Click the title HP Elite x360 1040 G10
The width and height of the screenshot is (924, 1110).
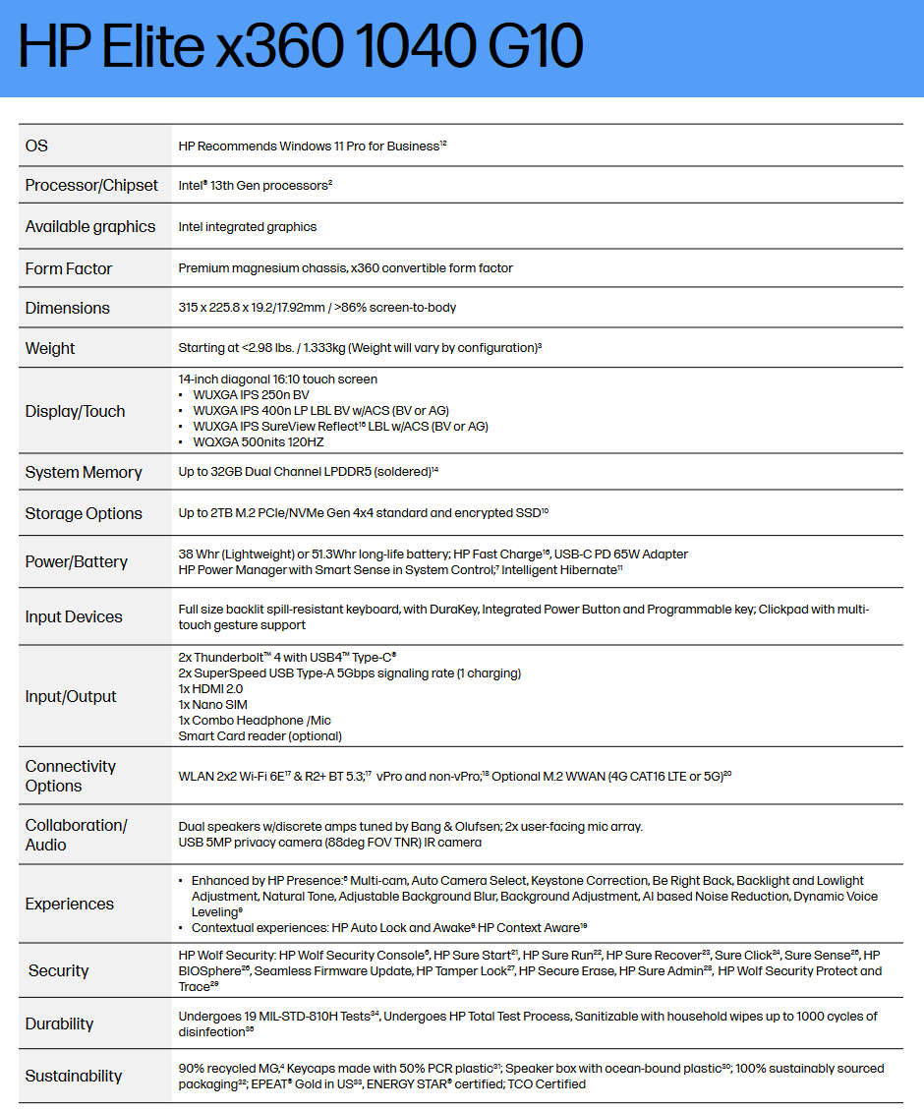(301, 46)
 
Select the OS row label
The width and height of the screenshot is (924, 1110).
(36, 146)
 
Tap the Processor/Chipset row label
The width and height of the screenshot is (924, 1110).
(91, 185)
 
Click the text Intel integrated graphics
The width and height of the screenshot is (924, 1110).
(248, 227)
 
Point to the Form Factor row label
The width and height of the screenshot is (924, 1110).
(69, 268)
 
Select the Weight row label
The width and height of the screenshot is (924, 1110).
(50, 348)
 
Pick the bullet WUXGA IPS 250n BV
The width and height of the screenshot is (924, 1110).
(251, 395)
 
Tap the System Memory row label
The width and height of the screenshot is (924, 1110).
(84, 473)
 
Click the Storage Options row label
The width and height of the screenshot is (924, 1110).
(84, 513)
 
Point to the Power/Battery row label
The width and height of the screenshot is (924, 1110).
(77, 561)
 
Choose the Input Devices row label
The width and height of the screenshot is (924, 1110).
(74, 616)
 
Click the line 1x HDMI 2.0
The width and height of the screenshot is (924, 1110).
(212, 688)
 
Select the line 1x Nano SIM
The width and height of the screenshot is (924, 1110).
(213, 704)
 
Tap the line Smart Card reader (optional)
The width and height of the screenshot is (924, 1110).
(260, 735)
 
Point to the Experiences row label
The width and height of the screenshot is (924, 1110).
(70, 904)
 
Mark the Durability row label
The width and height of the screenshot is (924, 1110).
(60, 1023)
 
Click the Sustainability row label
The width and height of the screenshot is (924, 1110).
(74, 1076)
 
